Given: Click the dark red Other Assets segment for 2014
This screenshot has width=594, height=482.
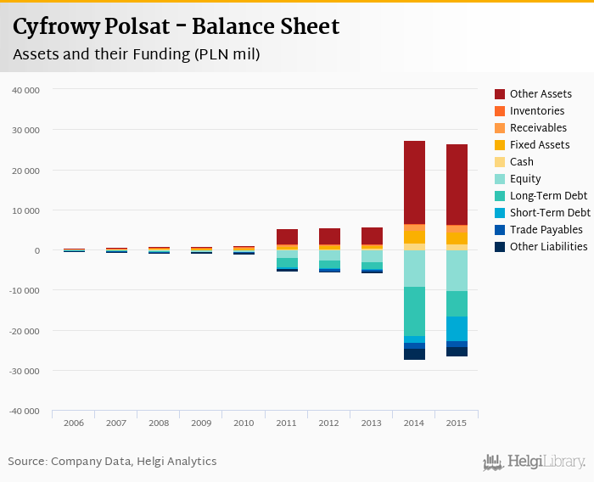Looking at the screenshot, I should coord(414,182).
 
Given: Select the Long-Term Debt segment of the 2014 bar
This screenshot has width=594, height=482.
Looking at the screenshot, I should coord(414,311).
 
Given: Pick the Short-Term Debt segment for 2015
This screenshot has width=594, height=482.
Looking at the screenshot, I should coord(457,328).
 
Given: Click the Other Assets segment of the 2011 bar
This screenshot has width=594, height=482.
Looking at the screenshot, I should coord(287,236).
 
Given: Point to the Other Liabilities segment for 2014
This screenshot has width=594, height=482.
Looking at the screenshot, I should coord(414,354).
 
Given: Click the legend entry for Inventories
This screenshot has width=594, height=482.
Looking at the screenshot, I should coord(536,111).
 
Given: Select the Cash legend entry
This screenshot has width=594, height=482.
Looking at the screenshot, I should coord(521,162).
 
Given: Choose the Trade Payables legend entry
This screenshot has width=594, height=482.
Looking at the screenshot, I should coord(546,230).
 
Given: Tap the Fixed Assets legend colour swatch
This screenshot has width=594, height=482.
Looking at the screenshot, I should coord(500,145).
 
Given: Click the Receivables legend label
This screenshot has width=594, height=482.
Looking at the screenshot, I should coord(537,128).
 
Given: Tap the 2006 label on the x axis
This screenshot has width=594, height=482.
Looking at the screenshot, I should coord(73,423).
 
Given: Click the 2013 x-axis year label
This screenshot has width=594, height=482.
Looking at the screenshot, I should coord(372,423).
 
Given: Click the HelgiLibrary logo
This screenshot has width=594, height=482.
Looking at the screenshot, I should coord(535,462).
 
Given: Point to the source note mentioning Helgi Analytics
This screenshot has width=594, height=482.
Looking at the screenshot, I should coord(112,462).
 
